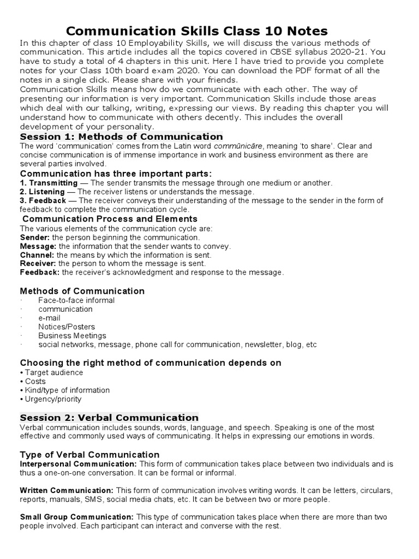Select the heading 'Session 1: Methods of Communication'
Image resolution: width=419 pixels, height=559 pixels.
121,136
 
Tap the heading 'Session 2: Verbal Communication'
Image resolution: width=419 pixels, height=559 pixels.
109,418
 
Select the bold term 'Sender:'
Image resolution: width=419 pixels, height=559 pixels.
35,237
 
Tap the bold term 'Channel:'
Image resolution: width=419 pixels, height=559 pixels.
37,255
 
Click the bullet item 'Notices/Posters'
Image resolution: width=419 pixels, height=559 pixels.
66,327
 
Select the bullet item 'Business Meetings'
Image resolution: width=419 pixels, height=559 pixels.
72,336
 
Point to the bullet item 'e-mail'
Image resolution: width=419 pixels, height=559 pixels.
49,318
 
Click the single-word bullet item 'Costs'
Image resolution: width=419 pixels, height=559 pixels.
35,381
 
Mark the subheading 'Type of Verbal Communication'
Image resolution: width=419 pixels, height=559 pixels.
89,455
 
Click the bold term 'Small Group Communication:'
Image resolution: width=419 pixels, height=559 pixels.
76,517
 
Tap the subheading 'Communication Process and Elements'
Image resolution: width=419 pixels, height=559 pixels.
110,219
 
